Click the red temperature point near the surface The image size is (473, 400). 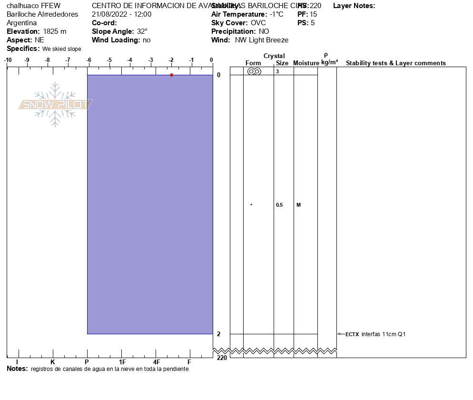[171, 75]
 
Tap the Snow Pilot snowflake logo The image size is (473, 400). [55, 104]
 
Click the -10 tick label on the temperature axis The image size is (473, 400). [8, 60]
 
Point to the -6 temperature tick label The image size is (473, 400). [89, 60]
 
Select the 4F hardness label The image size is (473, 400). [157, 362]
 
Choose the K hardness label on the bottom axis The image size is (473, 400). [52, 362]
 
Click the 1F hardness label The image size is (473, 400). [122, 362]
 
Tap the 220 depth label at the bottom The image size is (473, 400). [222, 358]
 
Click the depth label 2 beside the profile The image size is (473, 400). [218, 334]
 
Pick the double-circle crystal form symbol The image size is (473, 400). [254, 71]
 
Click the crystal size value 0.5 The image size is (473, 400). [279, 205]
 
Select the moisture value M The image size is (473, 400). [298, 205]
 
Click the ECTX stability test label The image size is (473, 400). [352, 334]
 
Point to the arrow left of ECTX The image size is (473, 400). [341, 334]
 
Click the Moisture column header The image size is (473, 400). [306, 63]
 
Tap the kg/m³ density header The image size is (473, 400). [329, 62]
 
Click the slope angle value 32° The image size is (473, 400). [142, 31]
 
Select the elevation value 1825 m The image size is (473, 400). [55, 31]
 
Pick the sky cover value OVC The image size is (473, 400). [258, 23]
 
